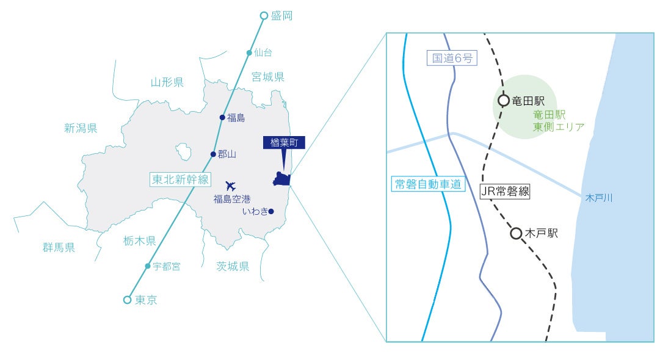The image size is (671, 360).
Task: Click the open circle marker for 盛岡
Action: (264, 15)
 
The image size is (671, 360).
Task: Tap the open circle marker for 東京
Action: (127, 300)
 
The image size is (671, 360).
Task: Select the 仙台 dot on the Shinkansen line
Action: (249, 52)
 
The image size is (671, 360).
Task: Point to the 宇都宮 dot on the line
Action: (147, 266)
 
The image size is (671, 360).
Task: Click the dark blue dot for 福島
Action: (222, 117)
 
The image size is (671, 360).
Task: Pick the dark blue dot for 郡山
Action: (212, 154)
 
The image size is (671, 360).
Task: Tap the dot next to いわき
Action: (271, 212)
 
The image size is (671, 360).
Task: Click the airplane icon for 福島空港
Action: (230, 185)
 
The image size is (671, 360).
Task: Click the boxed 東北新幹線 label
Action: (180, 179)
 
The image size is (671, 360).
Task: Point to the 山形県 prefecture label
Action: (167, 82)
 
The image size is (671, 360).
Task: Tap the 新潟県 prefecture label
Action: (81, 128)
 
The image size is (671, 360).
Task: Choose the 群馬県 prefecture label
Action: (59, 247)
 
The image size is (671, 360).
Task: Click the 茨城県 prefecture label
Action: (233, 266)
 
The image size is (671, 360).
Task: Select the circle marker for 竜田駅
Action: (503, 101)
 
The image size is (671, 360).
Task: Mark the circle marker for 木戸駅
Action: (516, 233)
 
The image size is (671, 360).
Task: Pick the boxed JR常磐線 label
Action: (504, 192)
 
